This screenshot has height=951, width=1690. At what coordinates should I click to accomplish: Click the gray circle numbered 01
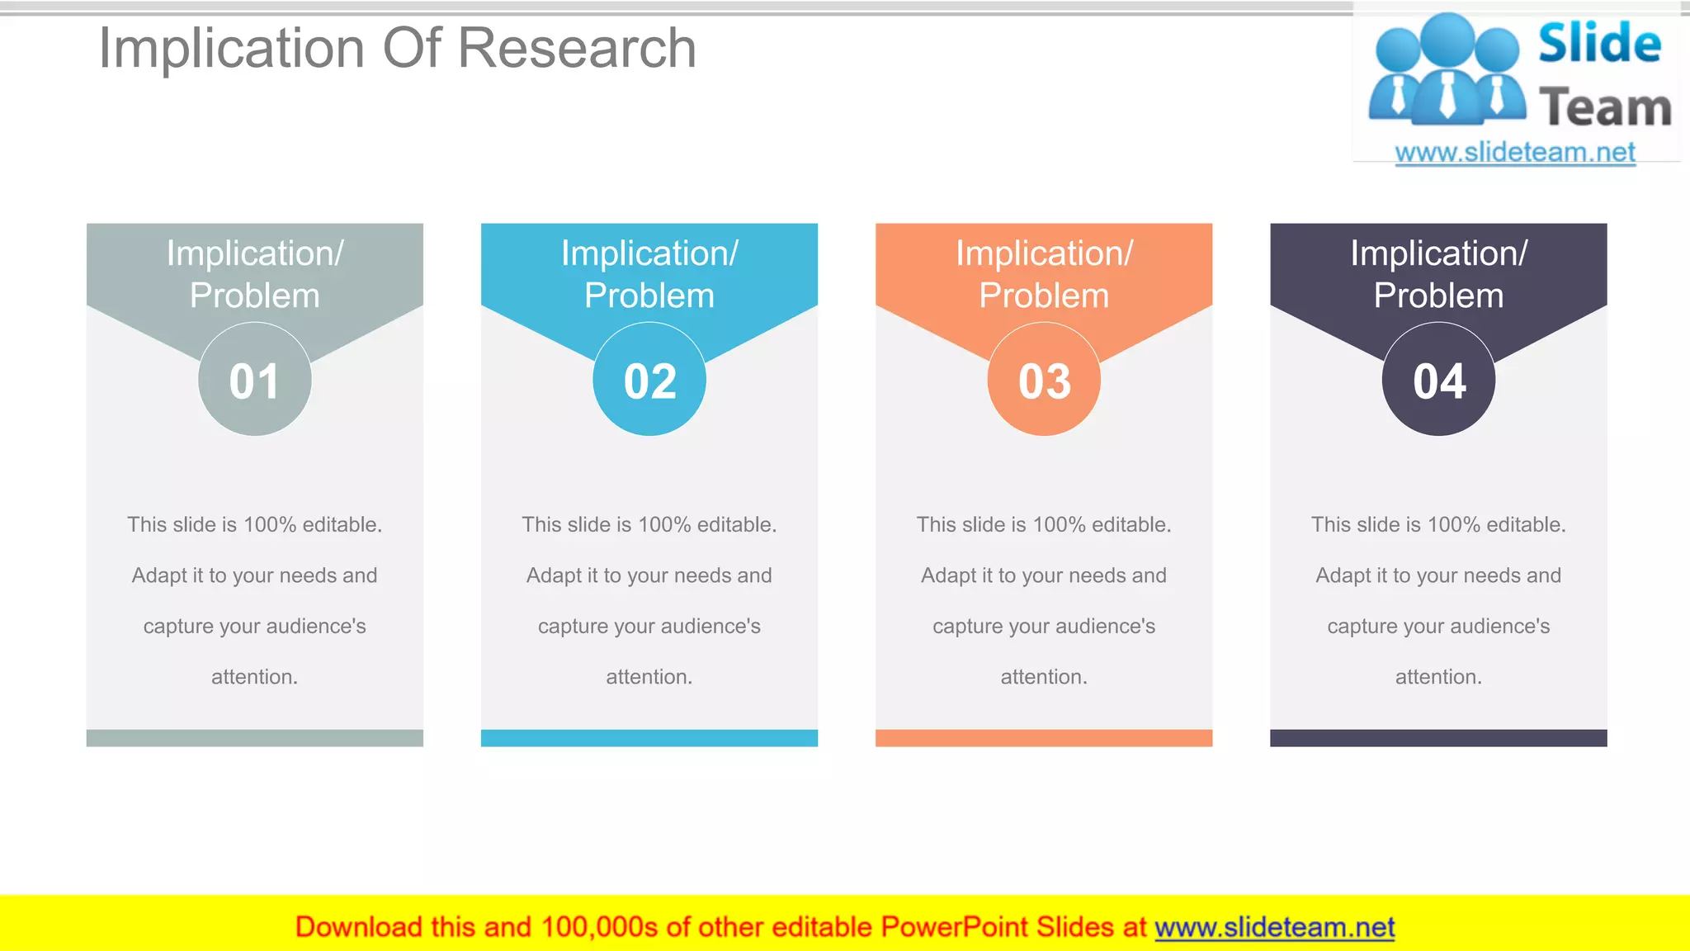pyautogui.click(x=254, y=380)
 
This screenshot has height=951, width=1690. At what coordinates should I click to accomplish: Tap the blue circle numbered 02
pyautogui.click(x=649, y=380)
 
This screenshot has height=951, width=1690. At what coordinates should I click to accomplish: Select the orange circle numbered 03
pyautogui.click(x=1044, y=380)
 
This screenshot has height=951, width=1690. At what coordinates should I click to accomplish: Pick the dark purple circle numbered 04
pyautogui.click(x=1438, y=380)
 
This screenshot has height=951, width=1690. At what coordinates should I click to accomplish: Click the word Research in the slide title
pyautogui.click(x=577, y=48)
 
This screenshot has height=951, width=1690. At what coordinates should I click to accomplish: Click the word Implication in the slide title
pyautogui.click(x=232, y=48)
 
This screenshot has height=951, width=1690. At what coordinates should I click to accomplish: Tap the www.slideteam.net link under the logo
pyautogui.click(x=1515, y=153)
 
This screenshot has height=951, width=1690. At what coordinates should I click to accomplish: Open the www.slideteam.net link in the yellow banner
pyautogui.click(x=1274, y=927)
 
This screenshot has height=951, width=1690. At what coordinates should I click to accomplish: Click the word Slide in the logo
pyautogui.click(x=1599, y=43)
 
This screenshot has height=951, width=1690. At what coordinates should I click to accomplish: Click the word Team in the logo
pyautogui.click(x=1605, y=108)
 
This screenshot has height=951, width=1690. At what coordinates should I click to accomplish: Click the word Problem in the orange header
pyautogui.click(x=1044, y=296)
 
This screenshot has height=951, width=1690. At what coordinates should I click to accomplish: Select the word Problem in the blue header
pyautogui.click(x=649, y=296)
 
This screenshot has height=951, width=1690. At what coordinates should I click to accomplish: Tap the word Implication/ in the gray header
pyautogui.click(x=254, y=253)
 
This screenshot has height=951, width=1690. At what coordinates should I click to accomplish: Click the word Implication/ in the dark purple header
pyautogui.click(x=1438, y=253)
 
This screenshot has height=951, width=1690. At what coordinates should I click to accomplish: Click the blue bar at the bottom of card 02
pyautogui.click(x=649, y=738)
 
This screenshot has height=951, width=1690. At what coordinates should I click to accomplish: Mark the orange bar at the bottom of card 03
pyautogui.click(x=1044, y=738)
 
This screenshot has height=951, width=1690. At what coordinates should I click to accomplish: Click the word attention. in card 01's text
pyautogui.click(x=254, y=677)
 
